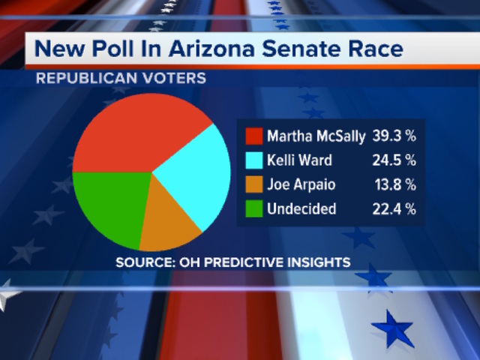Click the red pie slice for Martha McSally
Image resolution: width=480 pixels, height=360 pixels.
[127, 135]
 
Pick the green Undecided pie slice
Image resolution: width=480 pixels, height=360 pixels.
[109, 206]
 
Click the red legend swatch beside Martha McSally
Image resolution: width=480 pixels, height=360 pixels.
[253, 136]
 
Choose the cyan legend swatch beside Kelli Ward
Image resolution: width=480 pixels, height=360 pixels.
[253, 160]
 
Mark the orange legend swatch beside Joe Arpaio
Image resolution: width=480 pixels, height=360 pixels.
[253, 184]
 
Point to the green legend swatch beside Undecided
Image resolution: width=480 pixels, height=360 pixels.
[253, 208]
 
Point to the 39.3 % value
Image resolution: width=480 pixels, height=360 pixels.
[393, 136]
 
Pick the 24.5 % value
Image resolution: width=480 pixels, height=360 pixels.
[393, 160]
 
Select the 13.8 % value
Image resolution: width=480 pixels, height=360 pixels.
[394, 184]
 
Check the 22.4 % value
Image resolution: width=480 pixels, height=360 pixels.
[393, 208]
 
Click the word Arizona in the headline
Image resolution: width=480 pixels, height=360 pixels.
[207, 50]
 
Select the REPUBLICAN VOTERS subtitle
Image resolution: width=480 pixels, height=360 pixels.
[121, 77]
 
